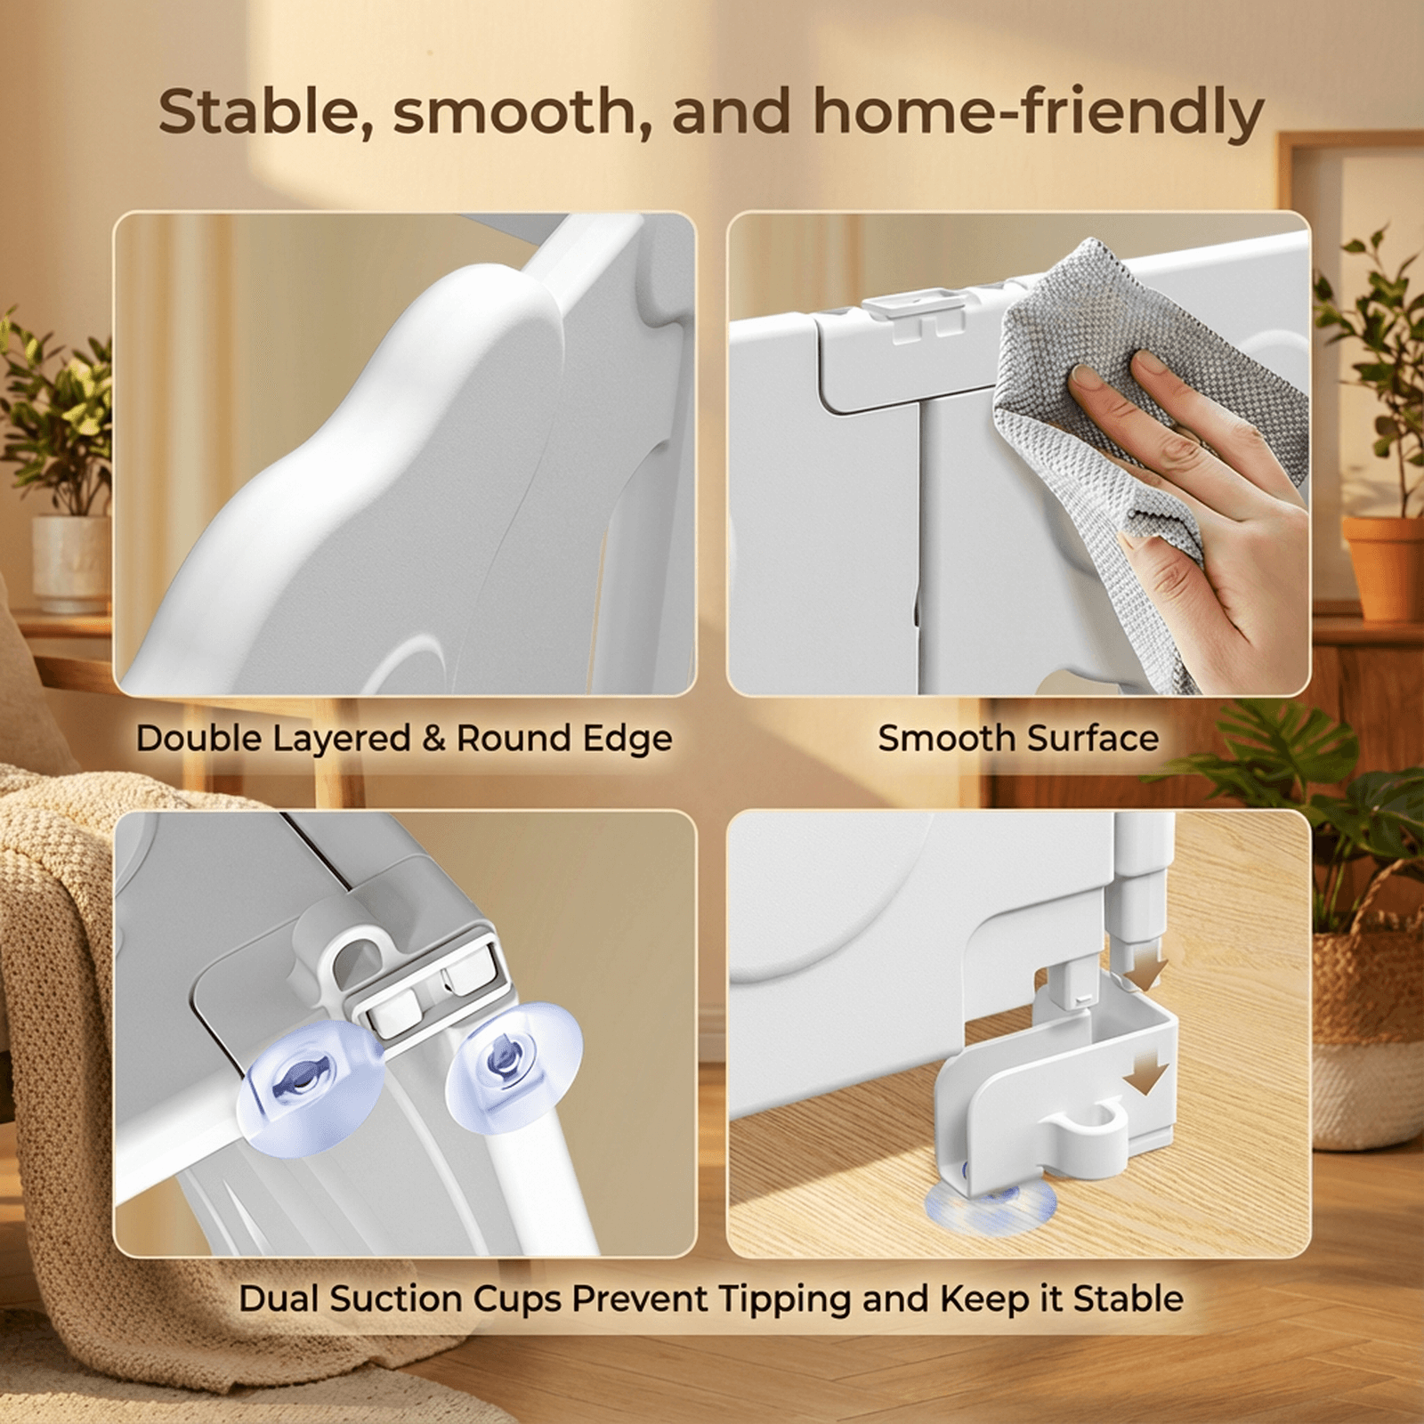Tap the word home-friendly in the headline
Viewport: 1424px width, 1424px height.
(1039, 114)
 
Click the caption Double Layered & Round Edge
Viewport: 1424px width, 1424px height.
(404, 739)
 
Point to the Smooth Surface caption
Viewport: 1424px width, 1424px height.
(1018, 738)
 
